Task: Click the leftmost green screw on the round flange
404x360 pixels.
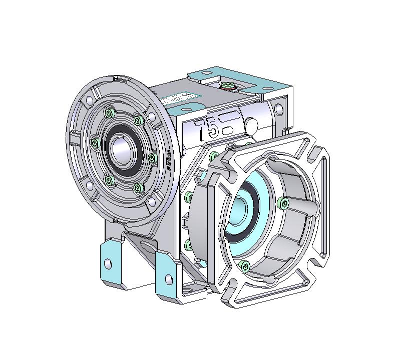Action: (x=94, y=143)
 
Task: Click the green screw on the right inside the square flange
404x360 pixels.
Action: (x=284, y=203)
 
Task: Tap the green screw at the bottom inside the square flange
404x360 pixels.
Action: (x=244, y=265)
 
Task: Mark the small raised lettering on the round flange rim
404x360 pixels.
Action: (x=169, y=160)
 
